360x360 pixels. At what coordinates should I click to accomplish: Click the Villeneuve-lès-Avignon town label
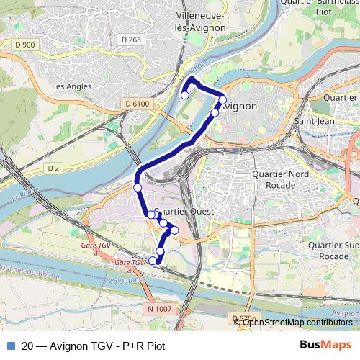pyautogui.click(x=201, y=21)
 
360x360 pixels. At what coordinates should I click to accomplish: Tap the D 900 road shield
pyautogui.click(x=24, y=45)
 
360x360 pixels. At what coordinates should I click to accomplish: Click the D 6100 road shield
pyautogui.click(x=137, y=104)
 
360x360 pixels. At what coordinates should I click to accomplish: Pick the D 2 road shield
pyautogui.click(x=53, y=168)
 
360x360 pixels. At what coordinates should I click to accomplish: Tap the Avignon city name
pyautogui.click(x=238, y=106)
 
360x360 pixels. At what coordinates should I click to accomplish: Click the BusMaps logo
pyautogui.click(x=325, y=345)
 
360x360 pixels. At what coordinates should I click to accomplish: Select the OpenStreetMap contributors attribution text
pyautogui.click(x=297, y=322)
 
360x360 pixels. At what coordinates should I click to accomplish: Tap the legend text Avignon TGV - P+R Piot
pyautogui.click(x=94, y=346)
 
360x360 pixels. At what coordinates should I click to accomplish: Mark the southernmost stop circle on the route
pyautogui.click(x=153, y=261)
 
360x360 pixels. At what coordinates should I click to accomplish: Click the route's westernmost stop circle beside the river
pyautogui.click(x=138, y=187)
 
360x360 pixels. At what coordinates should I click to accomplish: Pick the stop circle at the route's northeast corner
pyautogui.click(x=223, y=100)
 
